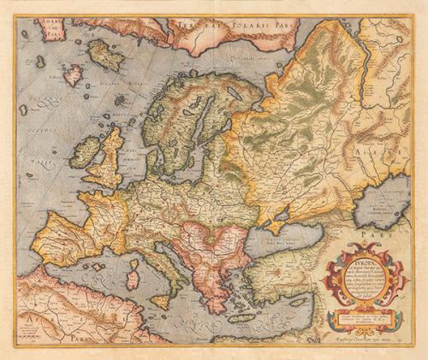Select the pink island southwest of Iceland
[x=73, y=75]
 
